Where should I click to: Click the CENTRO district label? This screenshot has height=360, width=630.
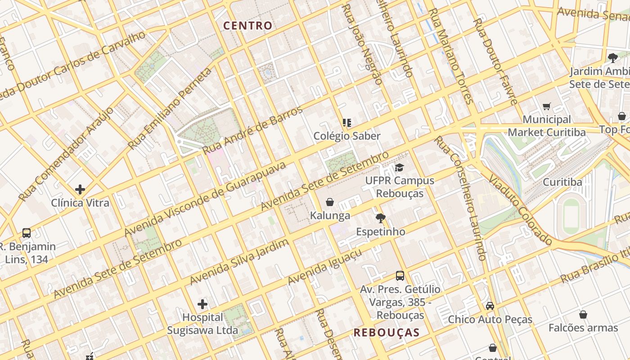[248, 26]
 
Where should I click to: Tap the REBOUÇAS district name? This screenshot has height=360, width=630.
[386, 333]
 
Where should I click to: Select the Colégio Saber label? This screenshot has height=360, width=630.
[347, 136]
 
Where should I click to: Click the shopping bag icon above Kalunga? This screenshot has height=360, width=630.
[330, 202]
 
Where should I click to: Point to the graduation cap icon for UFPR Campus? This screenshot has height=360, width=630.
[399, 167]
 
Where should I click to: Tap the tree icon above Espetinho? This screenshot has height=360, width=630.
[381, 218]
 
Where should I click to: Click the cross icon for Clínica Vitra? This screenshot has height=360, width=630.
[80, 189]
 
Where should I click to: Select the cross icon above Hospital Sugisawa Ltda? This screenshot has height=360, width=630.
[202, 304]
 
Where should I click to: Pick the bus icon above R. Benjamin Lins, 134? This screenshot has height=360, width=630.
[27, 233]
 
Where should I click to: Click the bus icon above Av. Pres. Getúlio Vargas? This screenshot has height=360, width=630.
[400, 276]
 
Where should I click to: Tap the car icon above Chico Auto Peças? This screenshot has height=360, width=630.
[490, 306]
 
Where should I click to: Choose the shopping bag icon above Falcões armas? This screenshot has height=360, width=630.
[583, 314]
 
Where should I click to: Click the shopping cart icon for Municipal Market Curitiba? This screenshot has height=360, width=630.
[547, 107]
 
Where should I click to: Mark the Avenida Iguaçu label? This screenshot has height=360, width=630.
[325, 267]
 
